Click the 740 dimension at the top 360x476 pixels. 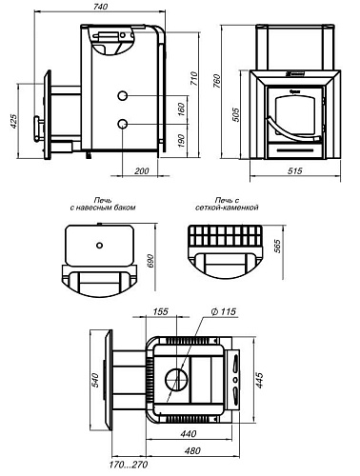tap(100, 6)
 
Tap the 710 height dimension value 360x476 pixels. tap(194, 79)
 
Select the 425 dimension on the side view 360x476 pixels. tap(13, 121)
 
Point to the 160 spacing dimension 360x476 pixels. tap(181, 109)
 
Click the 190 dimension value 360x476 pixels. tap(181, 141)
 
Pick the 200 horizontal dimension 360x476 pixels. tap(142, 171)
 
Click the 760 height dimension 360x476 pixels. tap(216, 81)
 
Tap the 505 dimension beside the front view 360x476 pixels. tap(236, 115)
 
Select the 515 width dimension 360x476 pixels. tap(295, 171)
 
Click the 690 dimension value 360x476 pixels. tap(150, 261)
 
